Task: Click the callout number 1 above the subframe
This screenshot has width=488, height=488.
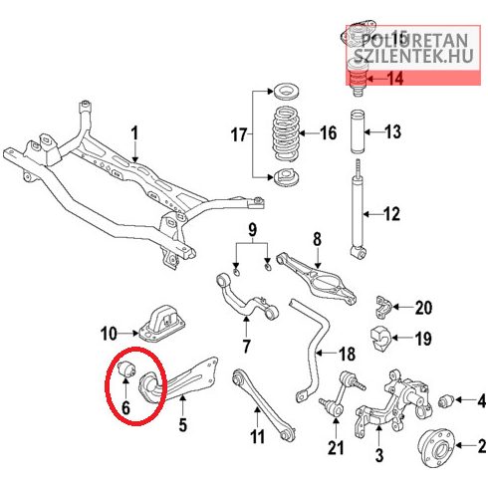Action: point(134,133)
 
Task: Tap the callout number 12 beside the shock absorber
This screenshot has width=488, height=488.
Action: point(391,214)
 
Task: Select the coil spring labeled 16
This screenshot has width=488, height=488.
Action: point(286,134)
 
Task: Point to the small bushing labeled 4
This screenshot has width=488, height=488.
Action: point(446,400)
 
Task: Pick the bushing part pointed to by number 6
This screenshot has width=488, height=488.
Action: point(126,369)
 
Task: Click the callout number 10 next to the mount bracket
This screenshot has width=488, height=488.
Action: point(109,334)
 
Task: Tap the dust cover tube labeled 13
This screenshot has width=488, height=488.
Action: point(357,132)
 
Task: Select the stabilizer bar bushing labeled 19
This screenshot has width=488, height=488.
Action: point(381,340)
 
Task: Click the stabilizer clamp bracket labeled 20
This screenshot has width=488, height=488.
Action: point(383,306)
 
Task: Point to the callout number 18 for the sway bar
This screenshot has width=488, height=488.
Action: point(347,354)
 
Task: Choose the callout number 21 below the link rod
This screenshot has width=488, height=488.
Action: point(336,447)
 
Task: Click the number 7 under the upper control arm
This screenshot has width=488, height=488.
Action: point(246,346)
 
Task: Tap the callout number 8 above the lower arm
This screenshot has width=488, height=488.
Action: point(317,239)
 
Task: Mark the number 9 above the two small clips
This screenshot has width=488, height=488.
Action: point(252,229)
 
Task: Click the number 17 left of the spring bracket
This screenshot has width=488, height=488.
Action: point(239,135)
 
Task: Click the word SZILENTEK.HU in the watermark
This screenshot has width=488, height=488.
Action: point(412,56)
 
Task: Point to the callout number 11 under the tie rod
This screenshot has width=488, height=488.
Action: point(257,435)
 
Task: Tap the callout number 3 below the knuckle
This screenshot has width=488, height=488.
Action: point(378,454)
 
